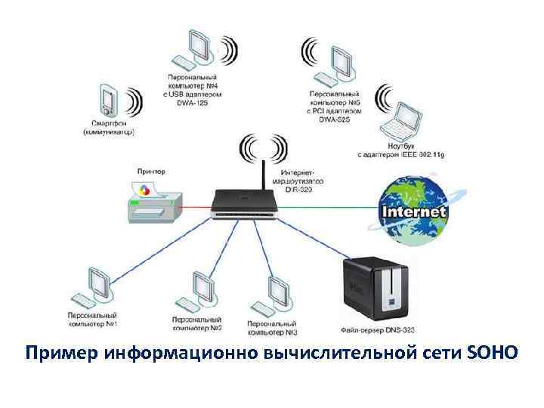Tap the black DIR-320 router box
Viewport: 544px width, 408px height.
coord(246,202)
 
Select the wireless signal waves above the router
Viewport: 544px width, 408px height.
coord(262,148)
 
